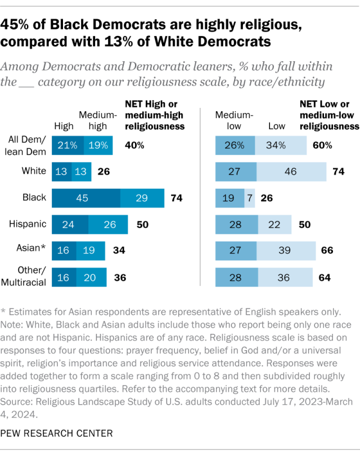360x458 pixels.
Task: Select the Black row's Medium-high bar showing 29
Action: (142, 198)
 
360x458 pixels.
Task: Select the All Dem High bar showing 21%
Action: (67, 146)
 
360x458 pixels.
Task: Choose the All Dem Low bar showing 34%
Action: (280, 146)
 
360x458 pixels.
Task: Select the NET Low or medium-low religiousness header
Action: (328, 115)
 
